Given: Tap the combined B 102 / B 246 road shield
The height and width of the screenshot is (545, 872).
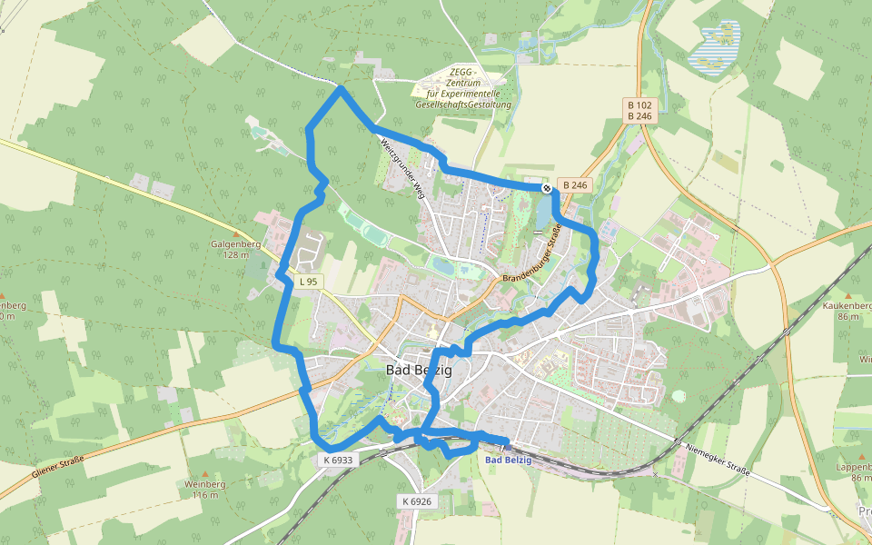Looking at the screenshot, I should point(639,111).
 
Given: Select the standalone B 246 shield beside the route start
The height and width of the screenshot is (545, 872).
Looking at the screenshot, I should point(576,185).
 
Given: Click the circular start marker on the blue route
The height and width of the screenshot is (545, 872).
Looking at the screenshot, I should point(547,188).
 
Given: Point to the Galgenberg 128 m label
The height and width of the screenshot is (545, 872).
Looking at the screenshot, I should point(230,250).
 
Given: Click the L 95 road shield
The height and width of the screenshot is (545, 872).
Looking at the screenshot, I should point(308,282).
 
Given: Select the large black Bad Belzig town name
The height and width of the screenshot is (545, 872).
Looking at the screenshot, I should point(419,370).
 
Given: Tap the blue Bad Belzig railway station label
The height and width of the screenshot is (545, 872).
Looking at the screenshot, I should point(509,460).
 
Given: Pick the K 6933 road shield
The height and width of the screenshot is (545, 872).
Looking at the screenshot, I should point(337,461).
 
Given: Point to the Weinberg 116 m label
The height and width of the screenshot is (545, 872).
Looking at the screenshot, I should point(204,489).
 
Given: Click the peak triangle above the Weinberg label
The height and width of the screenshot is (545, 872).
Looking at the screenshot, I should point(205,474).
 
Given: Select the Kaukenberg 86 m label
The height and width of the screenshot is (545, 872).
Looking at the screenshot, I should point(847,312).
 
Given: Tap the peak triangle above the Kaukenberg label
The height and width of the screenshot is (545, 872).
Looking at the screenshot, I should point(847,296).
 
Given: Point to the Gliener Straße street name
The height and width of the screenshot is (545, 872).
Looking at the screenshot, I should point(57,469).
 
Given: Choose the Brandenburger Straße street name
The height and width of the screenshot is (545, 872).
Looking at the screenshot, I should point(532,252).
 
